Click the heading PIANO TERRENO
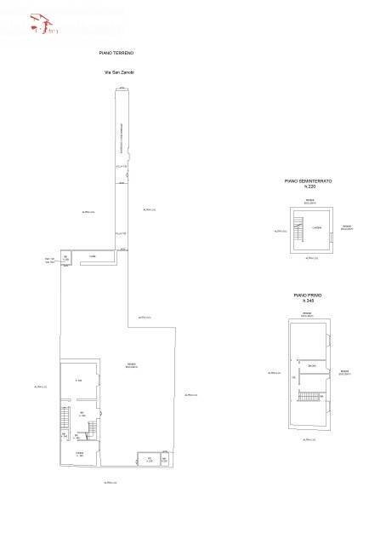tap(116, 53)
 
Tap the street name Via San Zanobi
tap(119, 72)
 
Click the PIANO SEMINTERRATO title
tap(308, 181)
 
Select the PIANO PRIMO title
tap(308, 295)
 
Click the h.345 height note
tap(308, 301)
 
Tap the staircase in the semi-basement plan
tap(298, 226)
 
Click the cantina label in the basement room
tap(315, 226)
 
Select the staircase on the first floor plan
tap(309, 396)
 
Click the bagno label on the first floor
tap(313, 367)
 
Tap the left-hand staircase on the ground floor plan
tap(64, 419)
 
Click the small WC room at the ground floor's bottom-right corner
tap(165, 461)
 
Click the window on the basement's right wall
tap(332, 227)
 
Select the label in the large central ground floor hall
tap(132, 366)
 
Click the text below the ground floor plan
tap(110, 483)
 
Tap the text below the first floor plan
tap(309, 439)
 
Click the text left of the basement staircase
tap(277, 230)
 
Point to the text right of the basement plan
tap(346, 227)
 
